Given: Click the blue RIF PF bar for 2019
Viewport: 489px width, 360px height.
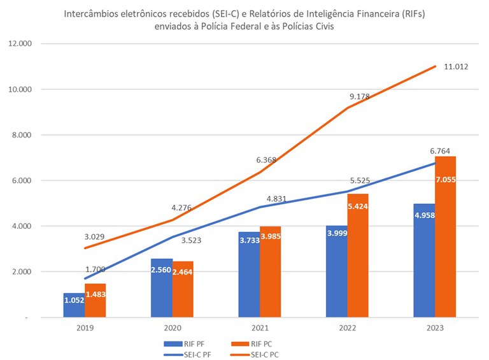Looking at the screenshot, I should [x=74, y=306].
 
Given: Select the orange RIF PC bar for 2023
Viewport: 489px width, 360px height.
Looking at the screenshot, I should [x=446, y=242].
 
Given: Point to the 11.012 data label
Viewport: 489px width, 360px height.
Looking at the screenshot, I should [x=456, y=66].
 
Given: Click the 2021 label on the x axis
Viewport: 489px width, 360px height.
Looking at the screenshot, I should [x=260, y=329].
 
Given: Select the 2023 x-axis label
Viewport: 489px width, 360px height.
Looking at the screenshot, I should [x=435, y=329].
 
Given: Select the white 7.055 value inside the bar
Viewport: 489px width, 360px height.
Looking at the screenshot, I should [x=446, y=180].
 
